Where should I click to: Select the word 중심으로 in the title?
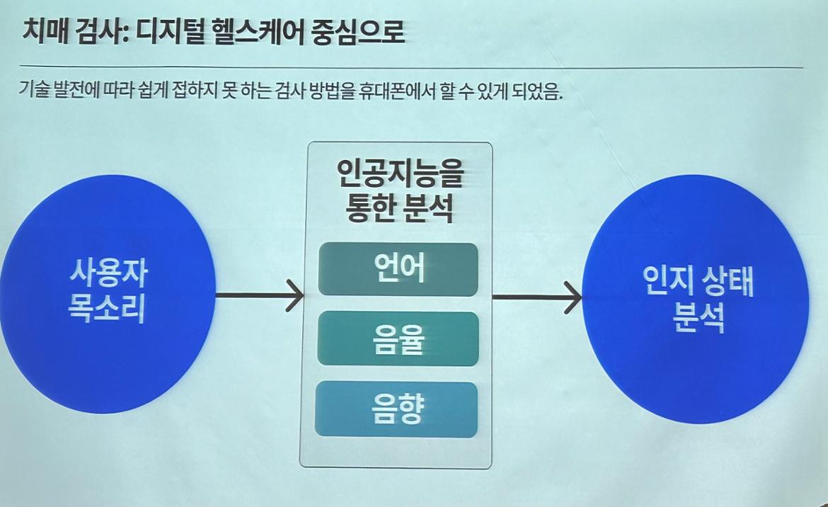[x=358, y=32]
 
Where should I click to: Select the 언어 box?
[x=398, y=269]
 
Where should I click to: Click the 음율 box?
[x=398, y=338]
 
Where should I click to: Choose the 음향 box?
[x=396, y=409]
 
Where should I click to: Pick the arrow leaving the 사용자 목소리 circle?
[x=258, y=294]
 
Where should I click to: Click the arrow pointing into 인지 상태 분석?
[x=538, y=296]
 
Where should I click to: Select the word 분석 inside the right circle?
[x=697, y=318]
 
